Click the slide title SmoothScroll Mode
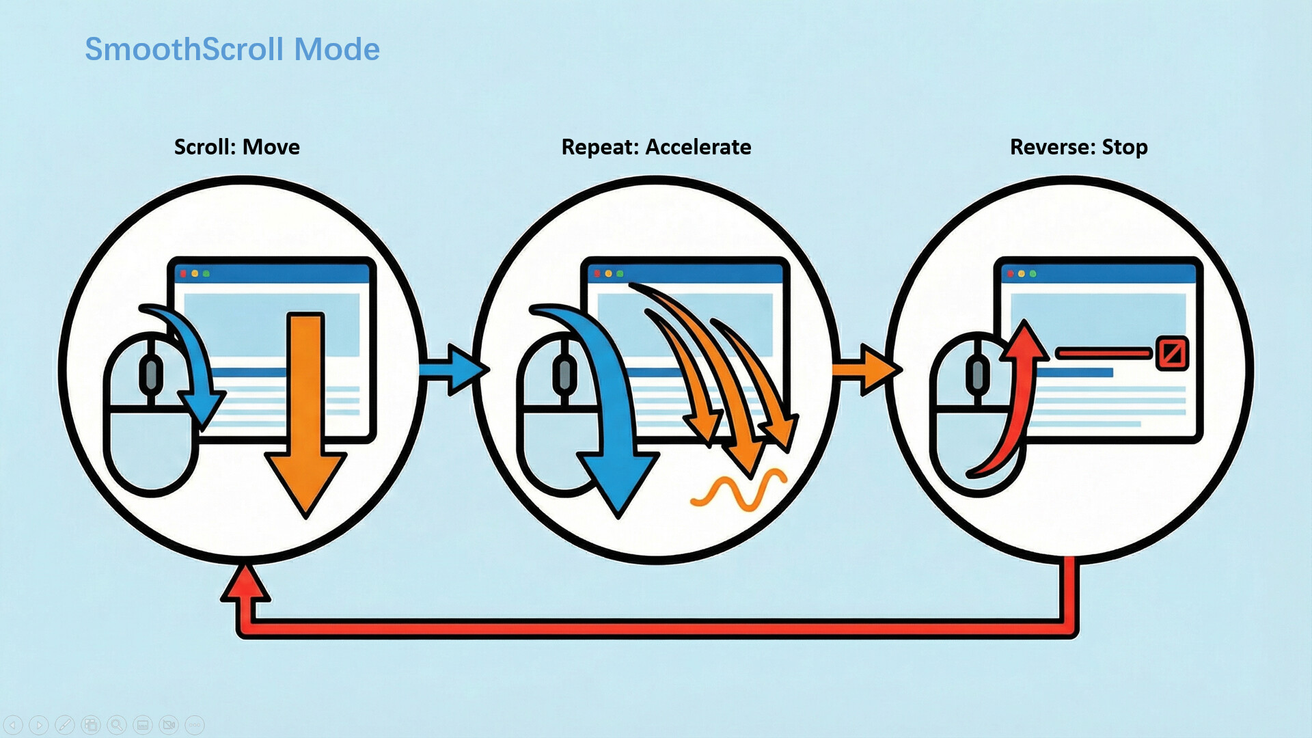pyautogui.click(x=232, y=49)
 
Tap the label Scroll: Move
pyautogui.click(x=236, y=147)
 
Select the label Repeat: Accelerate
pyautogui.click(x=656, y=147)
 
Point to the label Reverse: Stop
pyautogui.click(x=1078, y=147)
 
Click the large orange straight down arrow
pyautogui.click(x=305, y=410)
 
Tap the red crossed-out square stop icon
pyautogui.click(x=1171, y=353)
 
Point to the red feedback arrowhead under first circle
pyautogui.click(x=245, y=584)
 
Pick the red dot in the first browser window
pyautogui.click(x=183, y=274)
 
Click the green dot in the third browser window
pyautogui.click(x=1033, y=274)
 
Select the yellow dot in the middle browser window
pyautogui.click(x=608, y=274)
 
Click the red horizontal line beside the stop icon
pyautogui.click(x=1103, y=353)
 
